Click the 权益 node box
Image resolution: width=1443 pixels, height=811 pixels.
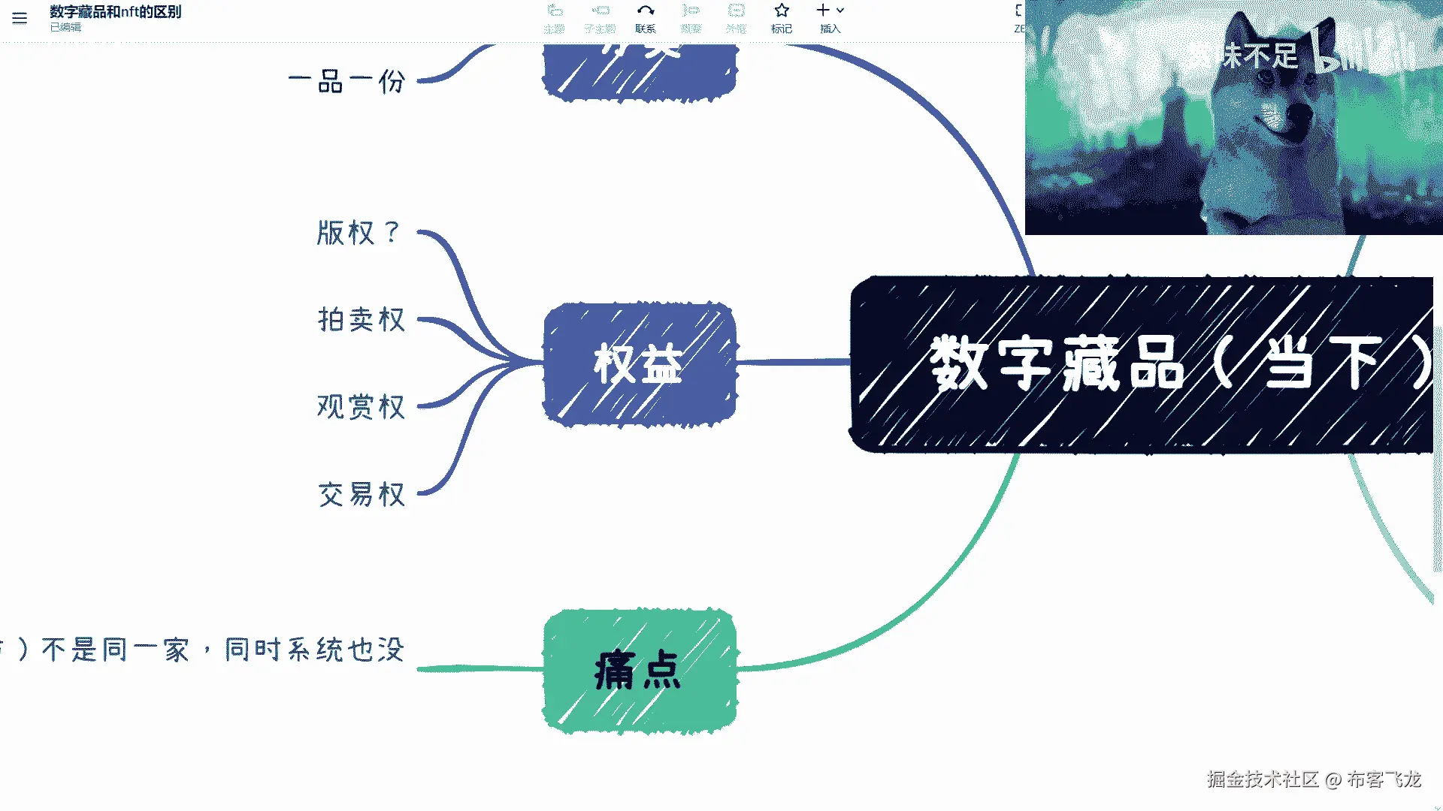[x=639, y=364]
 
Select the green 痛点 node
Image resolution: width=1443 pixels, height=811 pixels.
[x=639, y=670]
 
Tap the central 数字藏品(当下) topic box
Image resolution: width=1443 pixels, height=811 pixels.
[x=1142, y=364]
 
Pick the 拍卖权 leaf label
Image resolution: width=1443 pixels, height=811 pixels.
[x=362, y=320]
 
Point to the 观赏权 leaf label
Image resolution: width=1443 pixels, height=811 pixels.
[x=362, y=407]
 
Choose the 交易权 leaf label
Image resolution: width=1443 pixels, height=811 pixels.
[x=362, y=495]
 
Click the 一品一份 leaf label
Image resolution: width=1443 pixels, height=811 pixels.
[x=347, y=81]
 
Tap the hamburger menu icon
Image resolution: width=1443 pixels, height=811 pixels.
[x=20, y=18]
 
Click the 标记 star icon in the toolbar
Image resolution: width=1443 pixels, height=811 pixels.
[x=782, y=11]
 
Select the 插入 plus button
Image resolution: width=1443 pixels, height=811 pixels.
[x=824, y=11]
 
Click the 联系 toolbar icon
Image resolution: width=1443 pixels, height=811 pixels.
[x=646, y=11]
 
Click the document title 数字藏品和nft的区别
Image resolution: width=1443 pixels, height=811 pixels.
[x=116, y=12]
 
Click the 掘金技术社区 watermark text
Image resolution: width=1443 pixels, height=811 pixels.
[x=1263, y=779]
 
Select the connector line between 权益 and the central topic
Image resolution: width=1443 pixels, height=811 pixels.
[x=793, y=362]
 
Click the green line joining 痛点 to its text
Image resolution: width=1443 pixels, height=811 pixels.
[x=481, y=668]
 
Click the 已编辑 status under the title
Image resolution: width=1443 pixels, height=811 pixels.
[x=66, y=28]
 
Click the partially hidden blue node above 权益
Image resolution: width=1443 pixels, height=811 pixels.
[x=639, y=71]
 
